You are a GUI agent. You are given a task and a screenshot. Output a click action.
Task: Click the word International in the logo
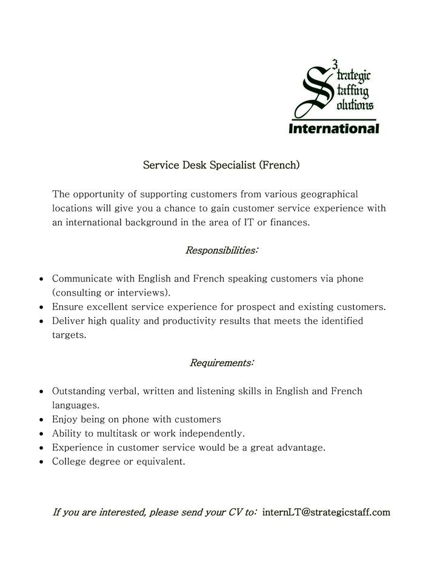tap(333, 128)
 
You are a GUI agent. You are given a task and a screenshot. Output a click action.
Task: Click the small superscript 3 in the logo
tap(335, 62)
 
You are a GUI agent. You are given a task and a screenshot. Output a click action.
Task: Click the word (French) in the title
tap(279, 164)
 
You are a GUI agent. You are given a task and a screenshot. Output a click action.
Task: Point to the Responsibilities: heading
tap(222, 250)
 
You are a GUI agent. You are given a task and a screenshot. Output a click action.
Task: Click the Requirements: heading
tap(222, 363)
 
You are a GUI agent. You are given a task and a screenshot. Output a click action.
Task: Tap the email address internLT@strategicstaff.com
tap(326, 512)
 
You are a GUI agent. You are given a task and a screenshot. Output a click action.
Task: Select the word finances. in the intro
tap(290, 222)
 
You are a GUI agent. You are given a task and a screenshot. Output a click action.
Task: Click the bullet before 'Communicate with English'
tap(41, 279)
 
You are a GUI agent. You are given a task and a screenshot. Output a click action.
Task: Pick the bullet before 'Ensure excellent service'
tap(41, 307)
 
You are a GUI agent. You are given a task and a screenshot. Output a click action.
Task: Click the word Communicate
tap(81, 279)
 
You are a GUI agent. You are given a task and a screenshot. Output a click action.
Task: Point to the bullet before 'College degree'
tap(41, 462)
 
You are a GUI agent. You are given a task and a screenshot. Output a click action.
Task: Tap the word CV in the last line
tap(236, 512)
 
